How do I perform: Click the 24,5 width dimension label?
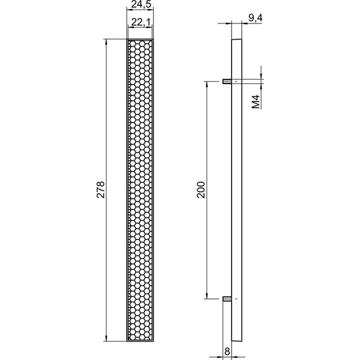(x=142, y=4)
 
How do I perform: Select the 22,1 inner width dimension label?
(x=140, y=22)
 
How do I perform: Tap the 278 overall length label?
(x=101, y=190)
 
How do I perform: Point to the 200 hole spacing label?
(x=201, y=190)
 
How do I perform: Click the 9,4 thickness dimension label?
(x=255, y=17)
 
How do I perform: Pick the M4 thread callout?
(x=256, y=101)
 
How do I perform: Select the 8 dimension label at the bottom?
(x=227, y=351)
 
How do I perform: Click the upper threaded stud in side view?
(x=227, y=81)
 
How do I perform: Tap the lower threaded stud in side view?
(x=227, y=299)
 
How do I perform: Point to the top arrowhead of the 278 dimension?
(x=106, y=42)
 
